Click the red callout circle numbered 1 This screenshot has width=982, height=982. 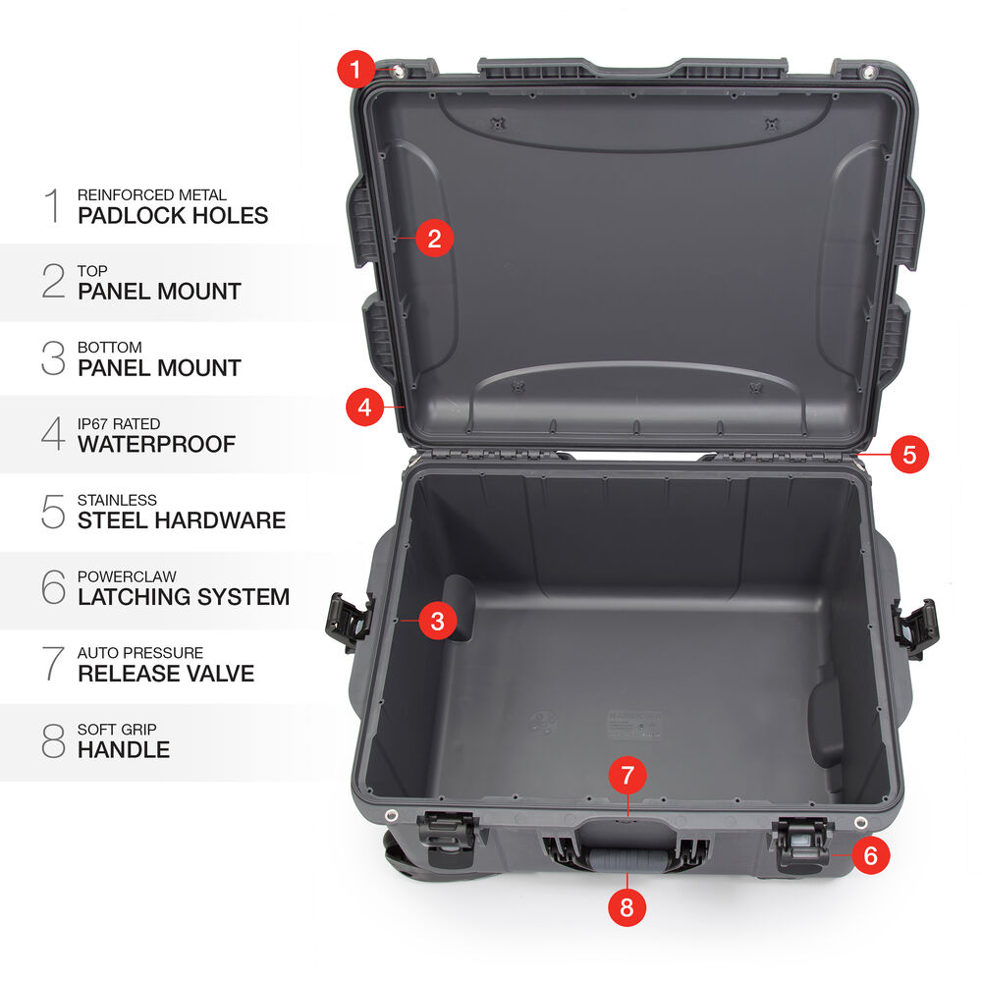[x=355, y=70]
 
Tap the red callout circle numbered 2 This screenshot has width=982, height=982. [x=434, y=238]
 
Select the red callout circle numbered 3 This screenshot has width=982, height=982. [x=437, y=621]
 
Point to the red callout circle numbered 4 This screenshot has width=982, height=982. [x=364, y=408]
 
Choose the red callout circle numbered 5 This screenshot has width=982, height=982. [x=909, y=454]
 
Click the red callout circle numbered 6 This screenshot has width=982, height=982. [x=870, y=855]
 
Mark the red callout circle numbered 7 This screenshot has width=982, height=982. [x=627, y=776]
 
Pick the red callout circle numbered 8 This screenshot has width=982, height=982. [x=627, y=906]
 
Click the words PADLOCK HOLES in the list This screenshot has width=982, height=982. [x=173, y=215]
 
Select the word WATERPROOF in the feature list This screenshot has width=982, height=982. [x=156, y=444]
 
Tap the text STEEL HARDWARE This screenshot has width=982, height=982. [x=182, y=520]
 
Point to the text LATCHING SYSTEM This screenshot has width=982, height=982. [x=185, y=597]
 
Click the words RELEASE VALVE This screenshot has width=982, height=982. [x=166, y=674]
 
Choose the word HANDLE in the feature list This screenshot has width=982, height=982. [x=124, y=749]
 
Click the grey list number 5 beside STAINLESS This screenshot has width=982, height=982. [x=53, y=512]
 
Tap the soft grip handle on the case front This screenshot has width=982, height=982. [x=627, y=857]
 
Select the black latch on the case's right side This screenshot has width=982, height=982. [x=915, y=628]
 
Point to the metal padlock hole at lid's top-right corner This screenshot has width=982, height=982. [x=867, y=72]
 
